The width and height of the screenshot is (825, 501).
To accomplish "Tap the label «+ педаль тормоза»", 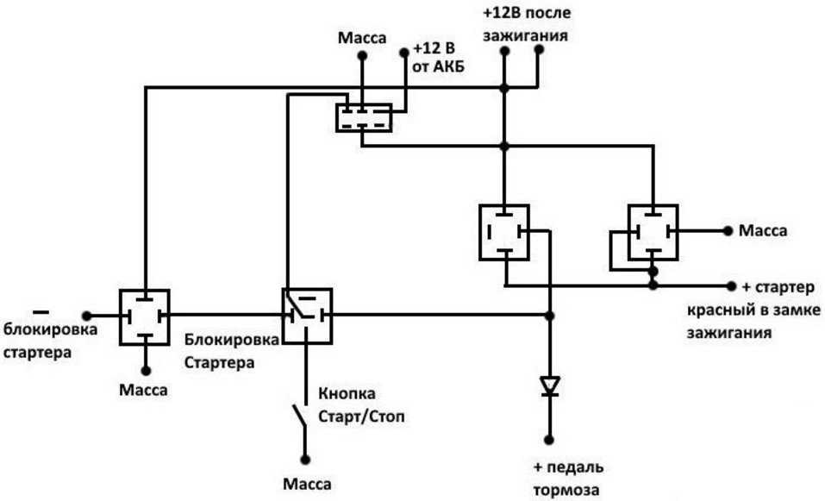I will click(568, 479).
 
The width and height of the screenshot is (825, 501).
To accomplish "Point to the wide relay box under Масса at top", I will click(363, 117).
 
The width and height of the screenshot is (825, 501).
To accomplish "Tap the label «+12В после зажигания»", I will click(526, 26).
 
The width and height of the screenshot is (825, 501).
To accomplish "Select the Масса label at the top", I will click(362, 38).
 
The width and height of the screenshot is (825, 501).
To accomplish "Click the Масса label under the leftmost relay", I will click(144, 390).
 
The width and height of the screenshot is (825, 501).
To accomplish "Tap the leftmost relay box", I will click(144, 316).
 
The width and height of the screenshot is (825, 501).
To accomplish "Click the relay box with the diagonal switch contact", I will click(307, 316).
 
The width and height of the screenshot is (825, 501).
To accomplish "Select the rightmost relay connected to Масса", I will click(653, 231).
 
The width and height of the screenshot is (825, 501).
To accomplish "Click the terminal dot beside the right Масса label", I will click(728, 231).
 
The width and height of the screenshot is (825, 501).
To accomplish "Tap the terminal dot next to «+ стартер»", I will click(732, 285).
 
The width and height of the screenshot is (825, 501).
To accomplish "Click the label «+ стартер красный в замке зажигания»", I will click(754, 309).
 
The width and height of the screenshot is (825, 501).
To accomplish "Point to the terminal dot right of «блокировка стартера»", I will click(85, 316).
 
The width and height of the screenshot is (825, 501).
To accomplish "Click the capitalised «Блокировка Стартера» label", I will click(231, 350).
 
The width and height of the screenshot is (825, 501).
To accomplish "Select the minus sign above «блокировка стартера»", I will click(40, 310).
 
